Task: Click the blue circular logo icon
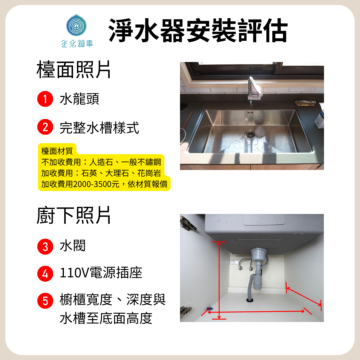coord(76,25)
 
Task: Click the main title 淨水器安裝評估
coord(198,30)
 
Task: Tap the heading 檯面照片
coord(74,70)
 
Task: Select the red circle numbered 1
coord(45,99)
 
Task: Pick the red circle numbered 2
coord(45,127)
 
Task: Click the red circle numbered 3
coord(45,247)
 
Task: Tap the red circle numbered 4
coord(45,274)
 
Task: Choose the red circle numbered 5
coord(45,301)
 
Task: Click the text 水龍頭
coord(79,99)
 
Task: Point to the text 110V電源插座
coord(101,273)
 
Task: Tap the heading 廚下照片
coord(74,215)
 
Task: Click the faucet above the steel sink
coord(254,90)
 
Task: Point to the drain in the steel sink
coord(250,134)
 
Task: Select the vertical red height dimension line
coord(219,280)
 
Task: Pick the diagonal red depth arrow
coord(304,296)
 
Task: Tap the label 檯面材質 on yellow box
coord(57,151)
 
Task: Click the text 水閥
coord(73,246)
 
